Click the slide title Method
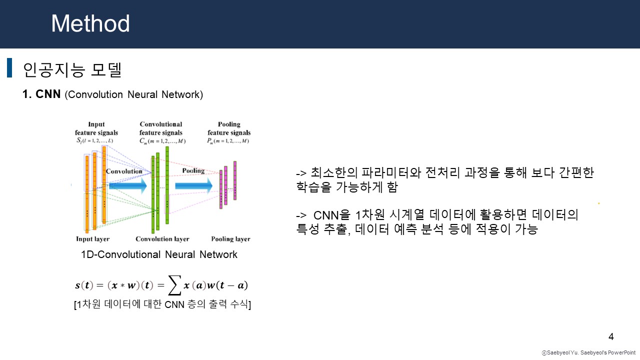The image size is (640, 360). pos(90,23)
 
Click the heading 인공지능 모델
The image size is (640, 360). pos(72,69)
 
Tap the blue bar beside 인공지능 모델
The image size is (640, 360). pos(9,68)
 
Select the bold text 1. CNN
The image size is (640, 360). pos(41,94)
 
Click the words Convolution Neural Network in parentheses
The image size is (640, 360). pos(134,94)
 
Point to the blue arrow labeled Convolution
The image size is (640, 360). pos(127,185)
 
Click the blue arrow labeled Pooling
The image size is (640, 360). pos(193,185)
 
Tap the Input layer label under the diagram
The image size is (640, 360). pos(92,239)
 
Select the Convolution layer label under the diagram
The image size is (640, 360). pos(162,239)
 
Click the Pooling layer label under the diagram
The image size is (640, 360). pos(230,239)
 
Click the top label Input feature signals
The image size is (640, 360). pos(96,128)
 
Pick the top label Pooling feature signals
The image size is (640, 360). pos(229,128)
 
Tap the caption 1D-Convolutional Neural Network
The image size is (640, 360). pos(159,254)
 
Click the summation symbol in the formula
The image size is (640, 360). pos(173,286)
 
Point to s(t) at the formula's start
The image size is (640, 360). pos(84,285)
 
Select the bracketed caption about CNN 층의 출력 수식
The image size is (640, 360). pos(162,304)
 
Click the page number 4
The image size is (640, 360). pos(610,336)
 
